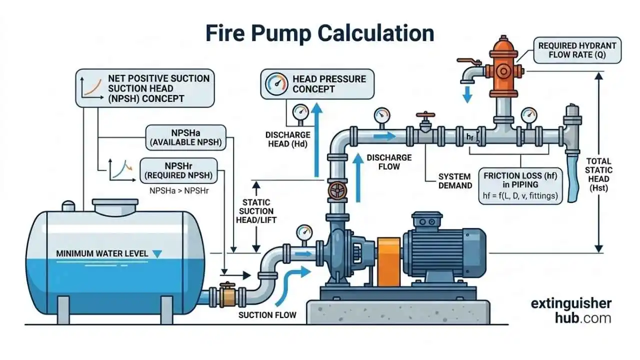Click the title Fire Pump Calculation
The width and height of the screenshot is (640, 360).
(320, 33)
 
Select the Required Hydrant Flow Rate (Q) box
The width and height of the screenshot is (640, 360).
(577, 50)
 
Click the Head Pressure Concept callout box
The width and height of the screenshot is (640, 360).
(317, 83)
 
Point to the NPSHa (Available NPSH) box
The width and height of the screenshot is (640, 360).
(185, 137)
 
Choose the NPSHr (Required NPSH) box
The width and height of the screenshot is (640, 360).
(178, 170)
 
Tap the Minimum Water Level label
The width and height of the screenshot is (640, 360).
(102, 253)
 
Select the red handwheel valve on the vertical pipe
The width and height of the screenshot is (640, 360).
(337, 190)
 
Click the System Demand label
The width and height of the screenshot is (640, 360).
(455, 181)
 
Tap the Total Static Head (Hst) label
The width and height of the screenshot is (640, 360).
(598, 174)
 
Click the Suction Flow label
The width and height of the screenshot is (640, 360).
(267, 315)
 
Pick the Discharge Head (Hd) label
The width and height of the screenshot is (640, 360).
(288, 139)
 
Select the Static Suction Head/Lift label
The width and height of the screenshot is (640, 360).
(255, 210)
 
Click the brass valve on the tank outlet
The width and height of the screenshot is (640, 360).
(227, 294)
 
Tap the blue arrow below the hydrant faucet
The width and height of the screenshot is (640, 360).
(467, 93)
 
